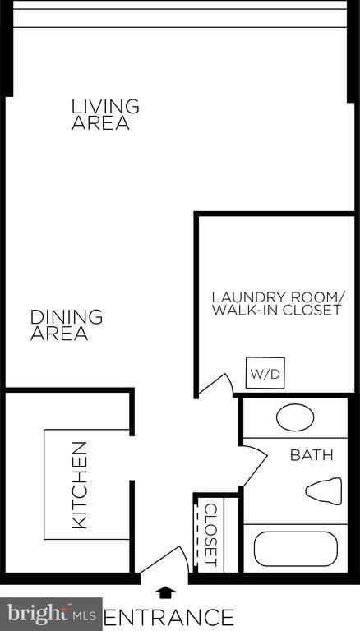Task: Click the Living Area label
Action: click(105, 114)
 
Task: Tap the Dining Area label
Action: click(67, 325)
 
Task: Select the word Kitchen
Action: click(80, 485)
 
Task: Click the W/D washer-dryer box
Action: click(265, 373)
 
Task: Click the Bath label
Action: click(312, 455)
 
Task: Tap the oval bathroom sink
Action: click(295, 417)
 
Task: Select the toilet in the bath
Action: click(324, 491)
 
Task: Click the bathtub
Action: click(296, 549)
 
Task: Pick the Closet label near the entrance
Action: click(210, 535)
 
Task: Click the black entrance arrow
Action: click(165, 592)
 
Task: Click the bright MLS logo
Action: click(51, 614)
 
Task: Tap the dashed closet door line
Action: click(196, 535)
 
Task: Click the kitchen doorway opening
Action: click(132, 458)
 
